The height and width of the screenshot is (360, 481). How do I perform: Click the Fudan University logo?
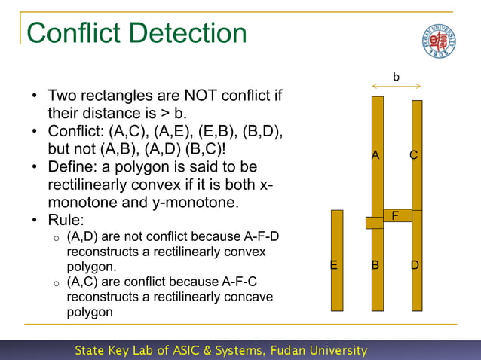click(438, 39)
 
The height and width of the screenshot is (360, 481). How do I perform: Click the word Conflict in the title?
click(73, 33)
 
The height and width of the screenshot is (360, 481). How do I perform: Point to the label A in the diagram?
click(375, 155)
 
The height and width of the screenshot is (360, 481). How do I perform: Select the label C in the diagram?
click(414, 155)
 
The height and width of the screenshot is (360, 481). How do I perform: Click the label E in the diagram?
click(334, 265)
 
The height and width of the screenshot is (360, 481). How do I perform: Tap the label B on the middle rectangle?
click(375, 265)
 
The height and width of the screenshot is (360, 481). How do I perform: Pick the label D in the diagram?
click(415, 265)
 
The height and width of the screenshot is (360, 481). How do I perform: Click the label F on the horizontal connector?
click(395, 216)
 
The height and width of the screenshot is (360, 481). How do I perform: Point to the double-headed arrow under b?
click(397, 87)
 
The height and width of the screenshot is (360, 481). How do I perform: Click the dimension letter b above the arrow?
click(397, 76)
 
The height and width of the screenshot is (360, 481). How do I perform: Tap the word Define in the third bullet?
click(72, 166)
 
